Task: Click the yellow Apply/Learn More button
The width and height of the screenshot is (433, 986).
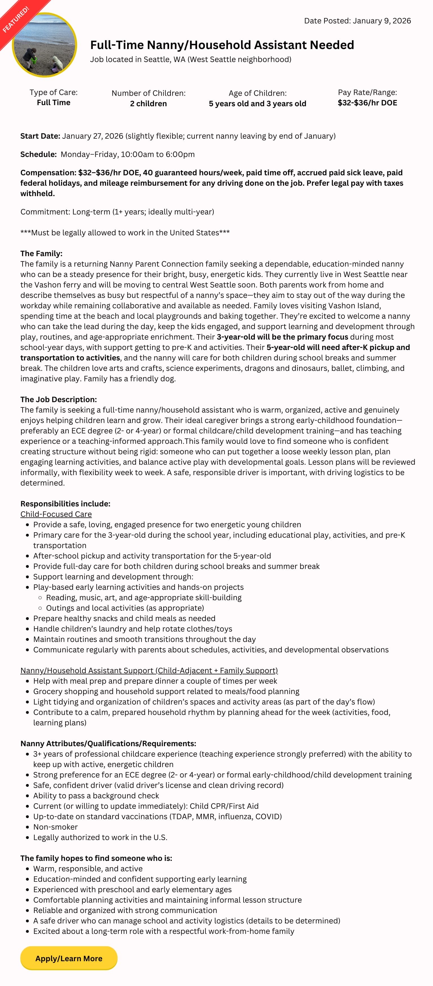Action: pyautogui.click(x=69, y=958)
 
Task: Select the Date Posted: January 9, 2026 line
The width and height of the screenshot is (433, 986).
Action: pyautogui.click(x=357, y=21)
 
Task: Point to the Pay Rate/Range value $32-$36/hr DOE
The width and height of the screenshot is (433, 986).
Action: pyautogui.click(x=367, y=103)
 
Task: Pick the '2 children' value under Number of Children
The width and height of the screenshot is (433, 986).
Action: pyautogui.click(x=148, y=103)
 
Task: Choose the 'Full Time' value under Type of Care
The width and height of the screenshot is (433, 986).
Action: pyautogui.click(x=54, y=102)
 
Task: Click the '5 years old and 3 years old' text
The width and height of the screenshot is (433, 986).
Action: pyautogui.click(x=257, y=103)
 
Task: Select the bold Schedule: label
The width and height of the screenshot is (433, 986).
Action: pyautogui.click(x=38, y=154)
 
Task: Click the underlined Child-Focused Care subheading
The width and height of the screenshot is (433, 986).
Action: pyautogui.click(x=56, y=514)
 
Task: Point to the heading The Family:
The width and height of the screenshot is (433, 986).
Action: pyautogui.click(x=41, y=253)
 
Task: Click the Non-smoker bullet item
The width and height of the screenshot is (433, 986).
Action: pyautogui.click(x=56, y=827)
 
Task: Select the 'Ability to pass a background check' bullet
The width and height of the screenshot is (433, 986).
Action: pyautogui.click(x=96, y=796)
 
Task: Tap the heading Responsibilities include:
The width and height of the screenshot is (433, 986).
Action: pyautogui.click(x=65, y=504)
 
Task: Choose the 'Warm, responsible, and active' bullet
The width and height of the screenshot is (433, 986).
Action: pyautogui.click(x=88, y=868)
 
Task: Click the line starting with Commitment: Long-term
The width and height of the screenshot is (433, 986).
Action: pyautogui.click(x=117, y=212)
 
